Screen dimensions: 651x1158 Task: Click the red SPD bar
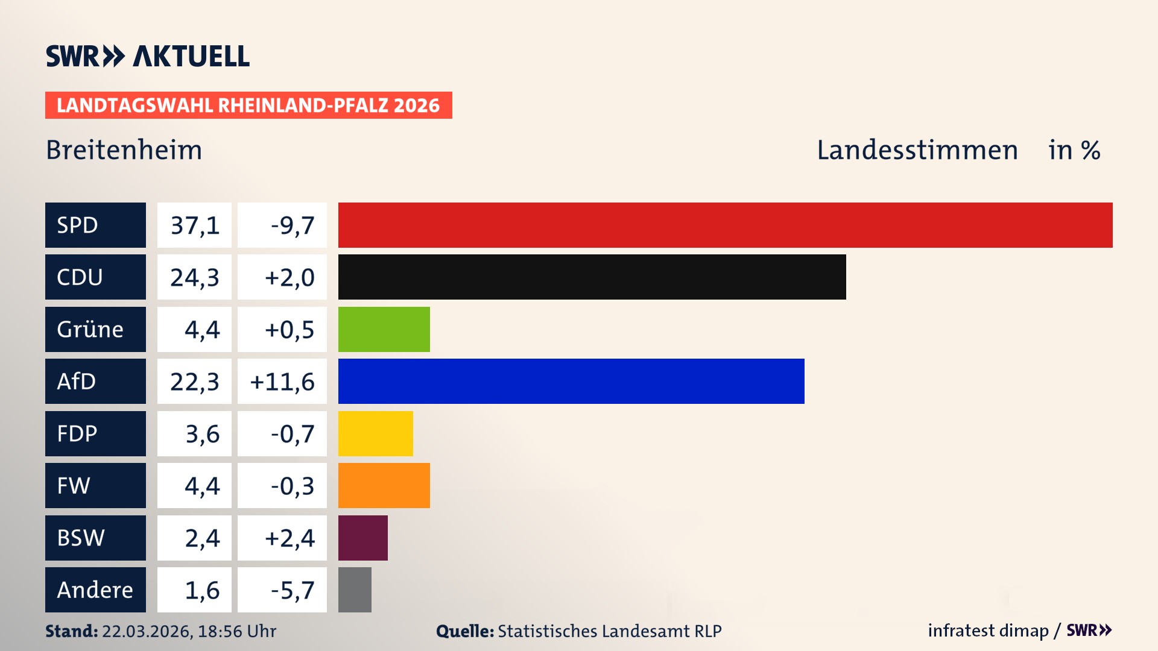click(x=725, y=225)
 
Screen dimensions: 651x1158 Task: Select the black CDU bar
click(x=592, y=277)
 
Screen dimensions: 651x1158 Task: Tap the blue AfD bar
click(x=571, y=381)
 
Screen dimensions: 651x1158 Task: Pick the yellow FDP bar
click(x=375, y=433)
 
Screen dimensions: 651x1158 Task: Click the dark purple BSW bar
click(x=362, y=538)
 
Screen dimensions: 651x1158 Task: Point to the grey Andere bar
click(x=355, y=590)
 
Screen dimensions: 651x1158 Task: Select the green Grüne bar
click(x=384, y=329)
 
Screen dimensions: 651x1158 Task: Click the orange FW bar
click(x=384, y=485)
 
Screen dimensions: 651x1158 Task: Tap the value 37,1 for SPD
click(x=194, y=225)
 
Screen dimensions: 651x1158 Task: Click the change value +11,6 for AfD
click(x=282, y=382)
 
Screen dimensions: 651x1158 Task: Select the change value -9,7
click(x=293, y=225)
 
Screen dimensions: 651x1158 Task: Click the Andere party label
click(x=95, y=590)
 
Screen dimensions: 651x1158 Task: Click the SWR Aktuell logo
click(x=147, y=56)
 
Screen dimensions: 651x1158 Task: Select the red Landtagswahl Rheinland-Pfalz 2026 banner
click(x=248, y=105)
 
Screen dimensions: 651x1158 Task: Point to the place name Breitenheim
click(x=124, y=150)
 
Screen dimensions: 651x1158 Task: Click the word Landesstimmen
click(x=917, y=150)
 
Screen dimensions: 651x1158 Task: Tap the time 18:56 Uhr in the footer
click(x=236, y=631)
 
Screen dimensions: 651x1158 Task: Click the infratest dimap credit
click(x=987, y=631)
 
